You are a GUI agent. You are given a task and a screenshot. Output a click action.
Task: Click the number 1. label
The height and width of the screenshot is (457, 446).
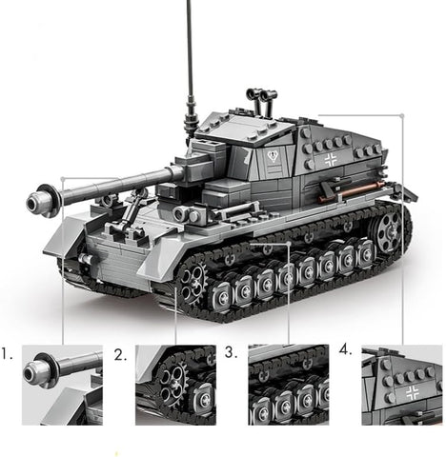(x=7, y=353)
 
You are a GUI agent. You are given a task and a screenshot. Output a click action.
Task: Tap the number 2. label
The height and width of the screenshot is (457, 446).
(x=120, y=355)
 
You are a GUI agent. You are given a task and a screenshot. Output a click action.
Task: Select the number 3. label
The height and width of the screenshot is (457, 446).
(x=231, y=352)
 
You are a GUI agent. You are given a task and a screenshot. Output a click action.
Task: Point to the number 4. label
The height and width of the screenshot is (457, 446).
(x=346, y=349)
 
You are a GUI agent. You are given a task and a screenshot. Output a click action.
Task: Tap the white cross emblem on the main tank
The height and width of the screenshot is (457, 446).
(x=331, y=160)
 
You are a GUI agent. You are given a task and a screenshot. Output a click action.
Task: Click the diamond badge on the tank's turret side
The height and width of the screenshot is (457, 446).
(x=273, y=156)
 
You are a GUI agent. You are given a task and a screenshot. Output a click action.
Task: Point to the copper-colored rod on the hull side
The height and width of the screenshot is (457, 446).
(x=351, y=191)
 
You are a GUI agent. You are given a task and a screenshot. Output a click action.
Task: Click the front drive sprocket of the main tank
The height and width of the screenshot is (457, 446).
(x=193, y=278)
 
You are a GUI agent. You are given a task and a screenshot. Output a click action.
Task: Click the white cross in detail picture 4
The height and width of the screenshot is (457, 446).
(x=412, y=393)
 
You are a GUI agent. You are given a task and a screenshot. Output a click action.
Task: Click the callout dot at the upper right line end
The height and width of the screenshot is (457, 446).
(x=402, y=115)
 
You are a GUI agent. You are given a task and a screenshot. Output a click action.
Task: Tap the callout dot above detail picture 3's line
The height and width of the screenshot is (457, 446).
(x=289, y=243)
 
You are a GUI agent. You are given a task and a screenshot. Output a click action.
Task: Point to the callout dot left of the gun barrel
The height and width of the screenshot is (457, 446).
(x=63, y=179)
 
